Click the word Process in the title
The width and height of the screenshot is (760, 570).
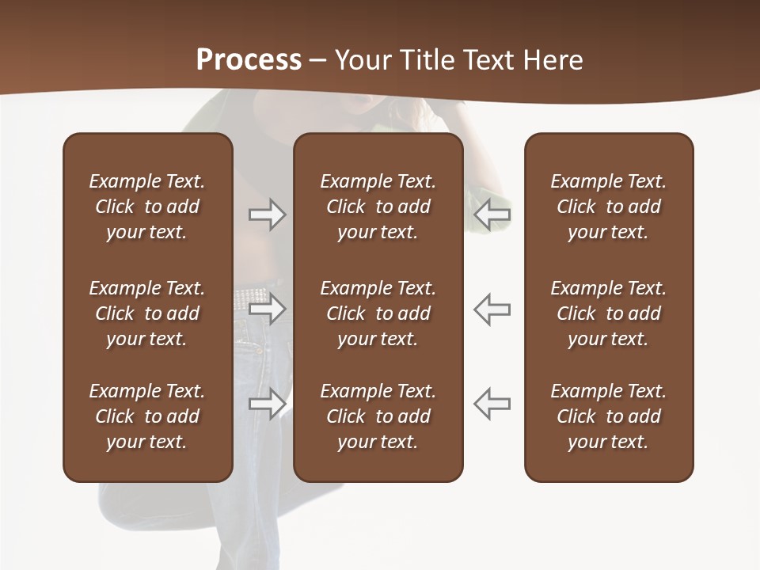(x=249, y=60)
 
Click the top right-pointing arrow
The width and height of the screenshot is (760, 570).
(x=268, y=215)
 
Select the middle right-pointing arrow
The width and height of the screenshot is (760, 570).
(x=268, y=309)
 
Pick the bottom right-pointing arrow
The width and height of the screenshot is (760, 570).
(x=268, y=404)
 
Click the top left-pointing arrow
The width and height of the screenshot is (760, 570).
(x=492, y=215)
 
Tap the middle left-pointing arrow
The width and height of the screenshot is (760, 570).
(x=492, y=309)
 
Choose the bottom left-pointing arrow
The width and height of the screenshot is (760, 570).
(x=492, y=404)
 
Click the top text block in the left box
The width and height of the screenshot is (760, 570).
(x=147, y=207)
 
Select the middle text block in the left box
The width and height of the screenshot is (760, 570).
(x=147, y=313)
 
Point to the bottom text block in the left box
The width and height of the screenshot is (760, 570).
(x=147, y=416)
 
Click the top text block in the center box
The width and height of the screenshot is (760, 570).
(x=378, y=207)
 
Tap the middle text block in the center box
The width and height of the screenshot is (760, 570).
(x=378, y=313)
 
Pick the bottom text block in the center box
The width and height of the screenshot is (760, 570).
(x=378, y=416)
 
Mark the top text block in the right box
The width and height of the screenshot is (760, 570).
(x=608, y=207)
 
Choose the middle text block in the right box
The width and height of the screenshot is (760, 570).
(x=608, y=313)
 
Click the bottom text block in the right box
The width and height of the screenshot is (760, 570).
(x=608, y=416)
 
